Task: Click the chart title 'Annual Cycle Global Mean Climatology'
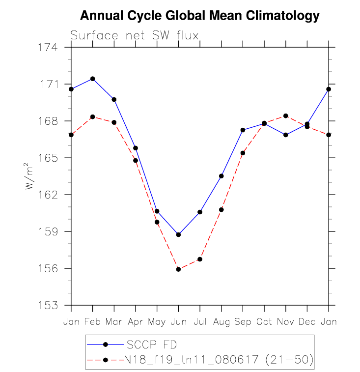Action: (199, 16)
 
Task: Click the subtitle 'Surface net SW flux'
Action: (134, 35)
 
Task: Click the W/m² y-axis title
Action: (31, 176)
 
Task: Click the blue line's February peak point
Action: (93, 79)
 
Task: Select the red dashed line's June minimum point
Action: (178, 269)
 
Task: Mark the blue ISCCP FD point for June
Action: (178, 234)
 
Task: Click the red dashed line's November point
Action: (286, 116)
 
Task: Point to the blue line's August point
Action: (222, 176)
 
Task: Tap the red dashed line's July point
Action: (200, 259)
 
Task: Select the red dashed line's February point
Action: (93, 116)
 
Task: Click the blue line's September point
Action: (243, 130)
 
